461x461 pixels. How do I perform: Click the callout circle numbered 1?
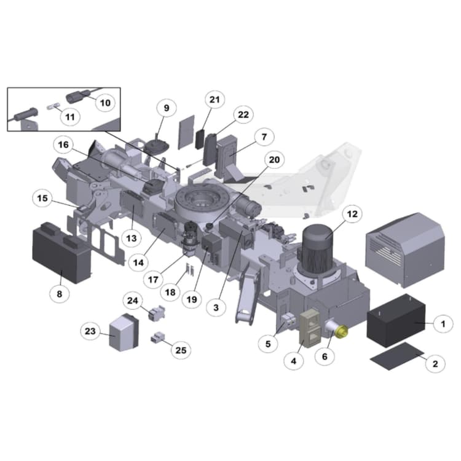pos(442,322)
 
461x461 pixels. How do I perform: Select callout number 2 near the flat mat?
pos(435,363)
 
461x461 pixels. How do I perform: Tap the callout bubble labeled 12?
pos(352,215)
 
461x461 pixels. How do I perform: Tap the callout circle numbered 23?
pos(90,331)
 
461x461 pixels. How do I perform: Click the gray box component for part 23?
pos(124,333)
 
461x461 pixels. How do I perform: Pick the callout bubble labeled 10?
pos(105,103)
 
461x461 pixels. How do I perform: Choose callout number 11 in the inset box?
pos(69,116)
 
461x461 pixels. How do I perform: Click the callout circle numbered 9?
pos(165,108)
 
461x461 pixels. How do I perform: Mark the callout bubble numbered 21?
pos(214,100)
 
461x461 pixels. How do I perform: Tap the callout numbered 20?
pos(274,160)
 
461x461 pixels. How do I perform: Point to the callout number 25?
pos(180,350)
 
